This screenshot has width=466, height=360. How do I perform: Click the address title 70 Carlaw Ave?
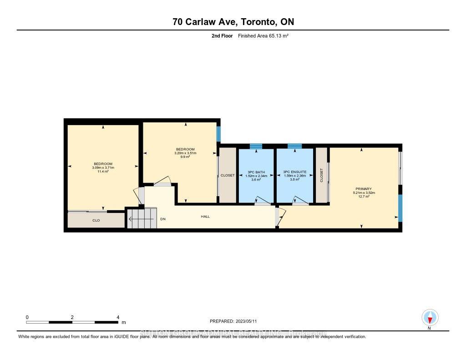(x=233, y=22)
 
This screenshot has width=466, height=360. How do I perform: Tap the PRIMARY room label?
(x=364, y=189)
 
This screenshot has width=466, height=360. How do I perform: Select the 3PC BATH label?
(x=256, y=172)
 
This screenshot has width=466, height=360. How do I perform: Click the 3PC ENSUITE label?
(x=294, y=172)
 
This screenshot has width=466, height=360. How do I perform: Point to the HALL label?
(x=205, y=217)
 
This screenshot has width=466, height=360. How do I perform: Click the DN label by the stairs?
(x=163, y=219)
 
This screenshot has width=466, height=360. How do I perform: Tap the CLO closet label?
(x=96, y=220)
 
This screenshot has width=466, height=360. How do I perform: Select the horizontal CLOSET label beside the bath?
(x=228, y=175)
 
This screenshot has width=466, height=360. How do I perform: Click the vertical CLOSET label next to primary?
(x=321, y=175)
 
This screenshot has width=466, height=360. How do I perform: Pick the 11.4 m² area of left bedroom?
(x=103, y=172)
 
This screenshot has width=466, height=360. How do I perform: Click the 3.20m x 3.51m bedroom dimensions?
(x=185, y=153)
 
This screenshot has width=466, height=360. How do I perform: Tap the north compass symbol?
(x=430, y=317)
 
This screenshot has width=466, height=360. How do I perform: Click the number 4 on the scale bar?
(x=118, y=317)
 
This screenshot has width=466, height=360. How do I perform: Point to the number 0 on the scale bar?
(x=27, y=317)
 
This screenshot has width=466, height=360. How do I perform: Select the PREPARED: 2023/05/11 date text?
(x=236, y=321)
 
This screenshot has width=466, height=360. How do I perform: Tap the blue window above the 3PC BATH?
(x=256, y=146)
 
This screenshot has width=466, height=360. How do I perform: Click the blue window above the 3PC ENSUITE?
(x=294, y=146)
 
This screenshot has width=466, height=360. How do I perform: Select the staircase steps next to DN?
(x=141, y=219)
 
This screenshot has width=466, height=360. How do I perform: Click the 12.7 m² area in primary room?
(x=364, y=197)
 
